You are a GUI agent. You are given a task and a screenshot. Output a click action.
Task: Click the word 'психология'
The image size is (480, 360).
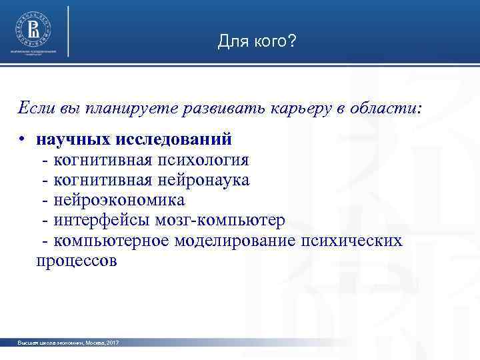pos(203,160)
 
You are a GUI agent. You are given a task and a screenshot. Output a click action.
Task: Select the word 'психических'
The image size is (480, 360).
pos(352,240)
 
